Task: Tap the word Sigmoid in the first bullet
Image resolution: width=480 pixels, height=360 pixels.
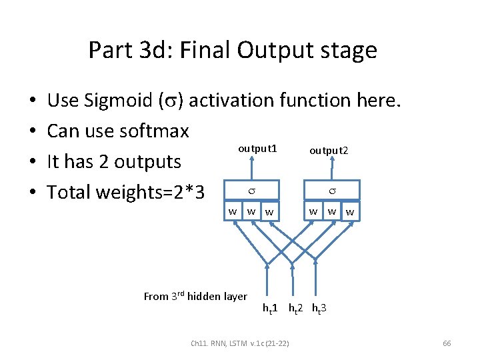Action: click(x=117, y=100)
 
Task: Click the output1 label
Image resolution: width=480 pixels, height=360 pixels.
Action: click(x=257, y=147)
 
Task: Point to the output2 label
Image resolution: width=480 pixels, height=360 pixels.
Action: click(x=328, y=151)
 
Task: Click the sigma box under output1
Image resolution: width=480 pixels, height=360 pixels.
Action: click(x=252, y=191)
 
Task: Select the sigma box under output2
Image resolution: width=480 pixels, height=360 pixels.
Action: click(x=331, y=191)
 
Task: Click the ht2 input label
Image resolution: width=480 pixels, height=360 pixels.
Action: click(x=296, y=309)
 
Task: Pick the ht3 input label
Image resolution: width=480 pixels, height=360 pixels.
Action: click(x=319, y=309)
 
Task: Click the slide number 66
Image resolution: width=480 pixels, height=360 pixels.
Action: click(x=447, y=343)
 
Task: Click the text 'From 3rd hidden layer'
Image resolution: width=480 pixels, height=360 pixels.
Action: click(x=195, y=296)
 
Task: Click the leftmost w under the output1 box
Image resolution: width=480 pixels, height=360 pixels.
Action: click(x=233, y=211)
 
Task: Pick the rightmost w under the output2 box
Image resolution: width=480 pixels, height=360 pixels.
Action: click(x=350, y=213)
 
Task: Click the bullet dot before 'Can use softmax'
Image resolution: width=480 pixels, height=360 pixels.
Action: click(x=33, y=131)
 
